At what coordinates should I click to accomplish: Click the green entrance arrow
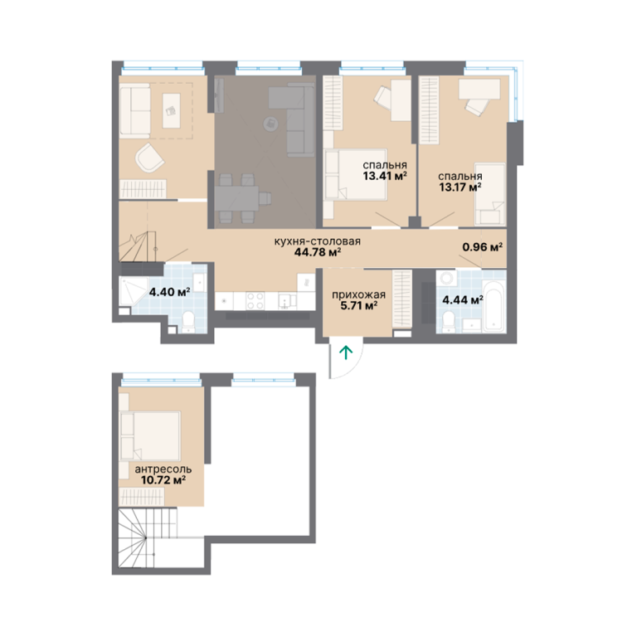[346, 353]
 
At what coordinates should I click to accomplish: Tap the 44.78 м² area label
[318, 252]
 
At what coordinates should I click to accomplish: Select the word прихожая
[358, 294]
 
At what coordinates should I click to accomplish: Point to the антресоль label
[163, 469]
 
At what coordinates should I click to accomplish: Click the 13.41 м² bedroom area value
[385, 176]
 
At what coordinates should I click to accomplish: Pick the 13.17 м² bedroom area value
[460, 187]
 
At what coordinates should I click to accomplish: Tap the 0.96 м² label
[483, 247]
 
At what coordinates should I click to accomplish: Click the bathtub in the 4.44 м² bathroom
[494, 306]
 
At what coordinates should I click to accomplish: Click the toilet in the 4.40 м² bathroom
[188, 321]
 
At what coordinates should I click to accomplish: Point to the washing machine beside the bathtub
[446, 279]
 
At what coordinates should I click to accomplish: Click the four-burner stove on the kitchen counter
[255, 301]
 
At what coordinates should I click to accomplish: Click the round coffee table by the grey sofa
[270, 124]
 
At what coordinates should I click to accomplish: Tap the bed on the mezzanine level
[150, 435]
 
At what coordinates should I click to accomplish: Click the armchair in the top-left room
[149, 158]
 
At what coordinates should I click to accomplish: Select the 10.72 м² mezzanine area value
[163, 480]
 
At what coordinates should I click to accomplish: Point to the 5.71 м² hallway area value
[358, 305]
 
